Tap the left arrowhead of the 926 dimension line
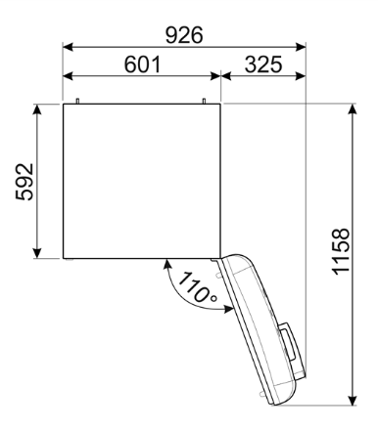68,45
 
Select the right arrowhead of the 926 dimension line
302,45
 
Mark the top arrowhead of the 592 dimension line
37,107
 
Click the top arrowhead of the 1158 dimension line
351,107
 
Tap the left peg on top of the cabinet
76,100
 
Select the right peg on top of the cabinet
205,100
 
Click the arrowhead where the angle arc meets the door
231,310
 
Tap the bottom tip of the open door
279,403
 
